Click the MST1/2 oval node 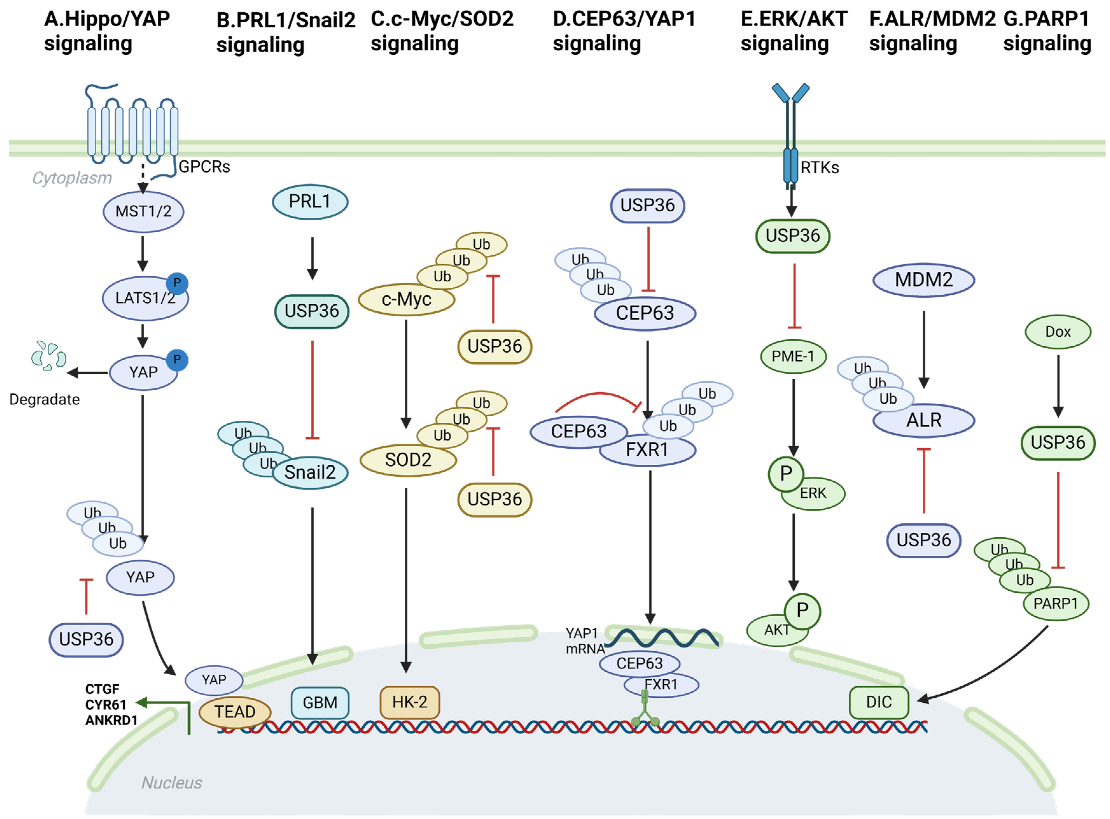click(x=143, y=212)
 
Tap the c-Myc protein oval click(x=406, y=300)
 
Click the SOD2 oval click(x=408, y=460)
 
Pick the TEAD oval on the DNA click(x=234, y=712)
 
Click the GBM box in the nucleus click(x=320, y=703)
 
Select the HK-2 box click(x=409, y=702)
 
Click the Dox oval click(x=1058, y=332)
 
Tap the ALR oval click(x=923, y=420)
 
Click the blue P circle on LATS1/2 click(x=177, y=283)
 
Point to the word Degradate click(x=45, y=399)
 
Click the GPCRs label click(x=204, y=167)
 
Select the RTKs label click(x=820, y=168)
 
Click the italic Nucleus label click(x=171, y=783)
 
